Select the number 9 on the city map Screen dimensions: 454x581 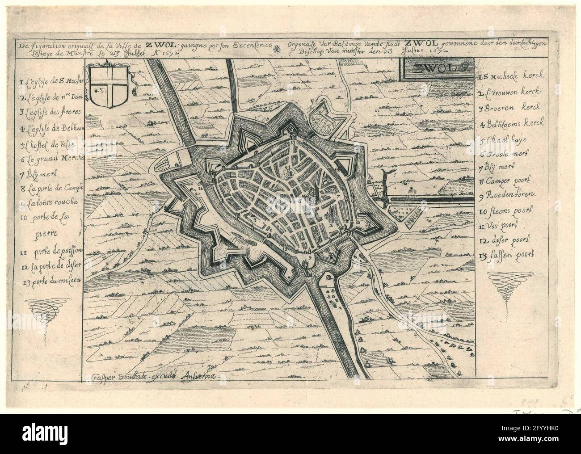pos(309,257)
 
